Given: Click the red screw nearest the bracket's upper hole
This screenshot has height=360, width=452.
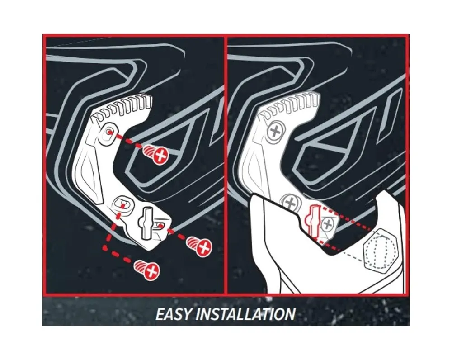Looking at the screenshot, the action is coord(156,155).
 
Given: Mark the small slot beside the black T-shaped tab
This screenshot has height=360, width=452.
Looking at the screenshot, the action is coord(160,225).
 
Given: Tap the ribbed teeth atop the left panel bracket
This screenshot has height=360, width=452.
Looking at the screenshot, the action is coord(122,108).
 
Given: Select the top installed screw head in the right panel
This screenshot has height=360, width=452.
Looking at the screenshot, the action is coord(276,132).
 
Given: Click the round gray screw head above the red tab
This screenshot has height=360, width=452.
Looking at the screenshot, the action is coord(291,203).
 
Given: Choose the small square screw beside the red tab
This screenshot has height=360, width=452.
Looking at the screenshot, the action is coord(327,224).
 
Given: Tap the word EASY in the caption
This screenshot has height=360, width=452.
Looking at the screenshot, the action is coord(174,314).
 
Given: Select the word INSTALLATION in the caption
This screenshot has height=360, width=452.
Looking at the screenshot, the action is coord(245,314).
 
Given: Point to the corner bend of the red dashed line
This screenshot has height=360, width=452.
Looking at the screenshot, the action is coord(105,247).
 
